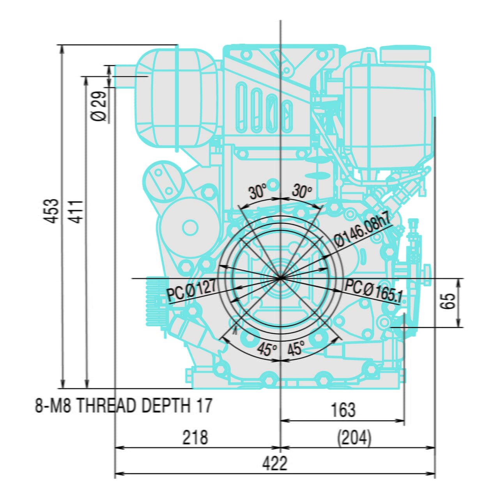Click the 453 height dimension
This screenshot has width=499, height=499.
tap(50, 211)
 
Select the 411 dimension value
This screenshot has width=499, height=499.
tap(76, 212)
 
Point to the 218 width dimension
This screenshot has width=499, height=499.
tap(195, 437)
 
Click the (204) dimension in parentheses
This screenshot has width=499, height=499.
tap(354, 438)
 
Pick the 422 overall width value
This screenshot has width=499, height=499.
tap(275, 463)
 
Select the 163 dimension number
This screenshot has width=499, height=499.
tap(343, 410)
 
